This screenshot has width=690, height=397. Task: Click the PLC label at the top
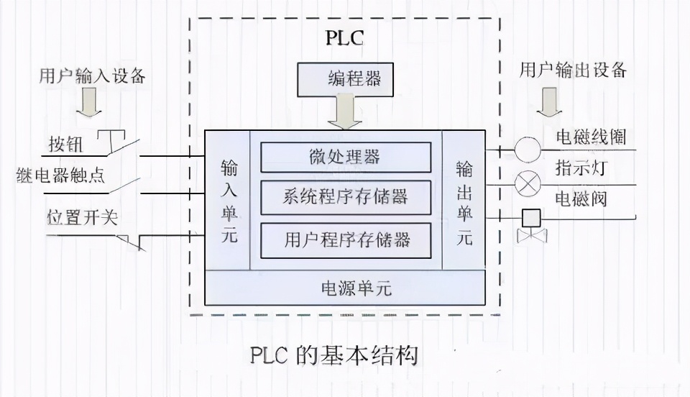coord(345,37)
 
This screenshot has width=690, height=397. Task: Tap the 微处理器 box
coord(346,157)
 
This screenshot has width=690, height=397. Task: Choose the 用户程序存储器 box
coord(346,239)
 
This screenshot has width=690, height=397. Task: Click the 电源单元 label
coord(346,288)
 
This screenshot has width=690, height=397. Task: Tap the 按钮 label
coord(65,145)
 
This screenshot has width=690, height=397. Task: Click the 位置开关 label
coord(73,217)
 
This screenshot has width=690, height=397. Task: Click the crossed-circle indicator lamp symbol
coord(528,184)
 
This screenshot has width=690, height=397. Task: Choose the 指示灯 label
coord(581,168)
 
